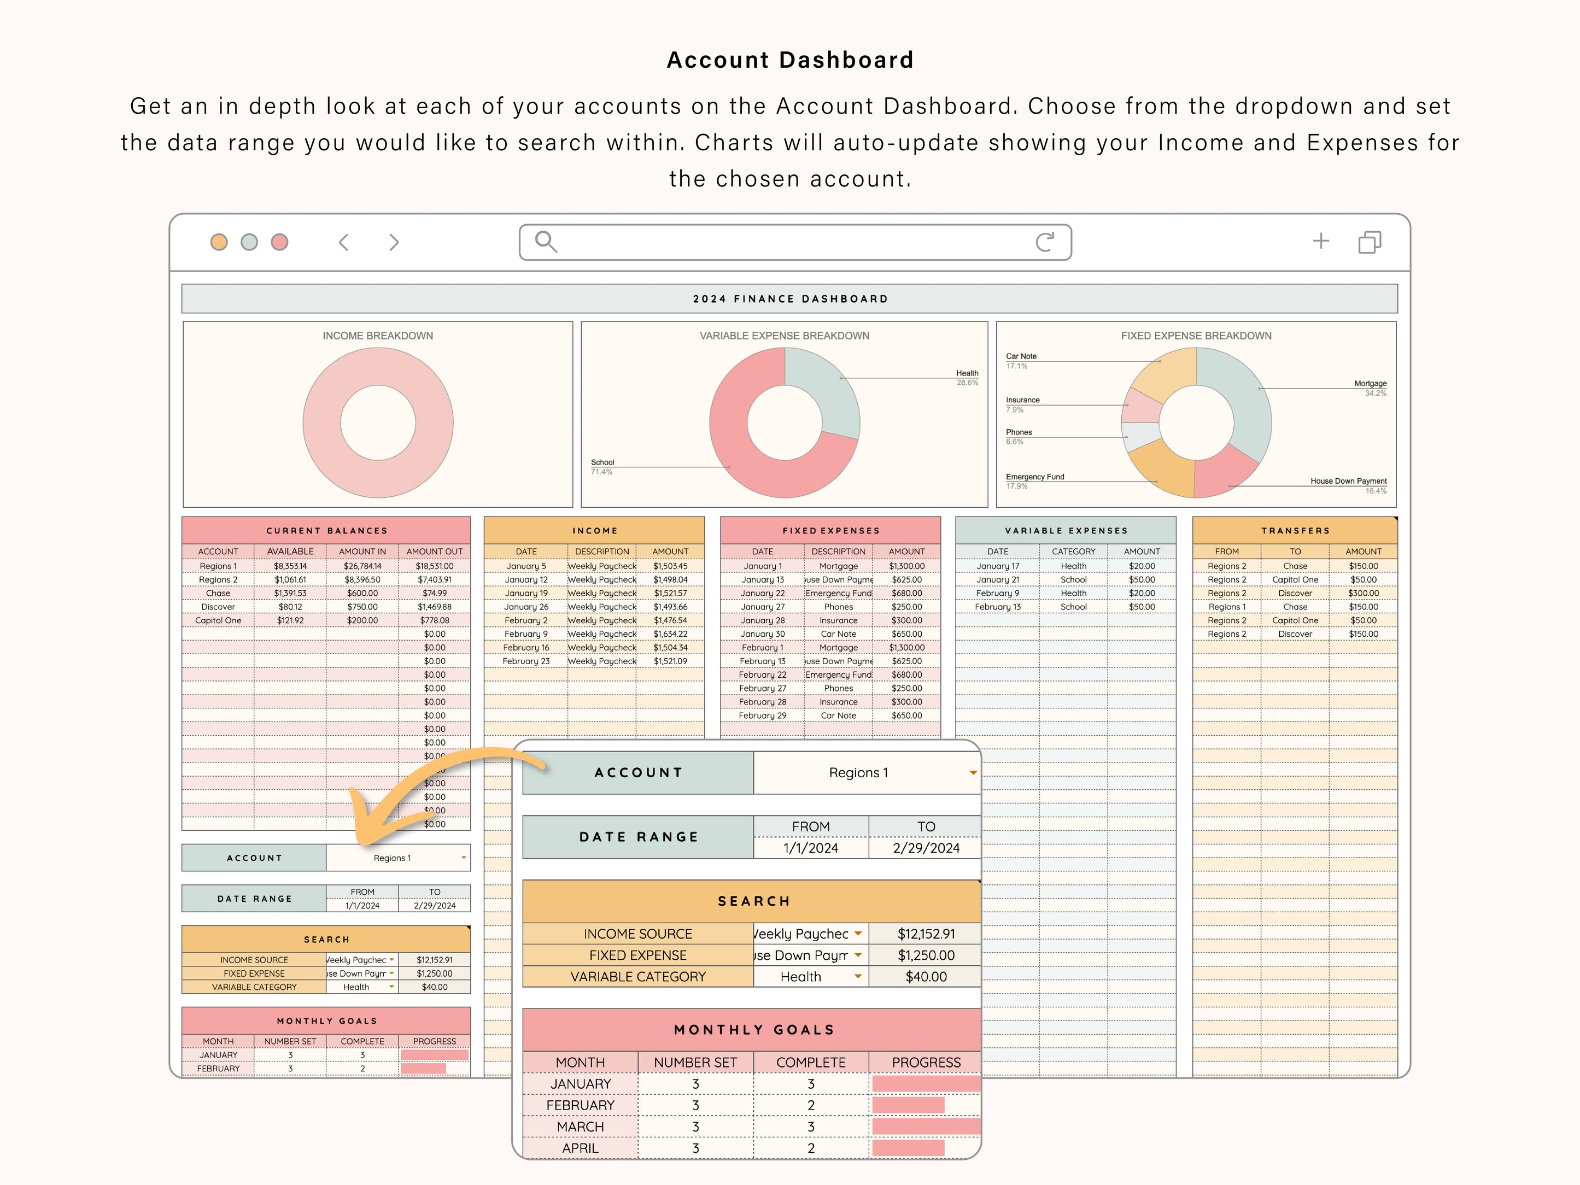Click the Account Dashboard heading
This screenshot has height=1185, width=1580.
pyautogui.click(x=790, y=60)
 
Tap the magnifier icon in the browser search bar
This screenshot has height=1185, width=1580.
pyautogui.click(x=546, y=242)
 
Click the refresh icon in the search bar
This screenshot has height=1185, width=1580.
pyautogui.click(x=1044, y=242)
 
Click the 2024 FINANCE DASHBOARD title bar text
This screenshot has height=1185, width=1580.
pyautogui.click(x=790, y=298)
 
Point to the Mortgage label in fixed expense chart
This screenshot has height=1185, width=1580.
pyautogui.click(x=1370, y=384)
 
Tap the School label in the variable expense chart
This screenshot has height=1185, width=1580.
pyautogui.click(x=602, y=462)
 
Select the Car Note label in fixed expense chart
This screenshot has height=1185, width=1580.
pyautogui.click(x=1021, y=356)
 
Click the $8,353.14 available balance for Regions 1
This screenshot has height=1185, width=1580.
pyautogui.click(x=290, y=566)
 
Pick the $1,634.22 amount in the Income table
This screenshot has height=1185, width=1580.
pyautogui.click(x=670, y=633)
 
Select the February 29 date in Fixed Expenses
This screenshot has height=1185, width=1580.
pyautogui.click(x=762, y=715)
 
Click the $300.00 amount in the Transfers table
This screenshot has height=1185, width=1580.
pyautogui.click(x=1363, y=593)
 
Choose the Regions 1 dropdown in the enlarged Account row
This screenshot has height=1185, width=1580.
pyautogui.click(x=867, y=772)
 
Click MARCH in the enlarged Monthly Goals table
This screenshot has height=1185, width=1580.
pyautogui.click(x=580, y=1127)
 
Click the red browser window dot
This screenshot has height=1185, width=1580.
pyautogui.click(x=279, y=242)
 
